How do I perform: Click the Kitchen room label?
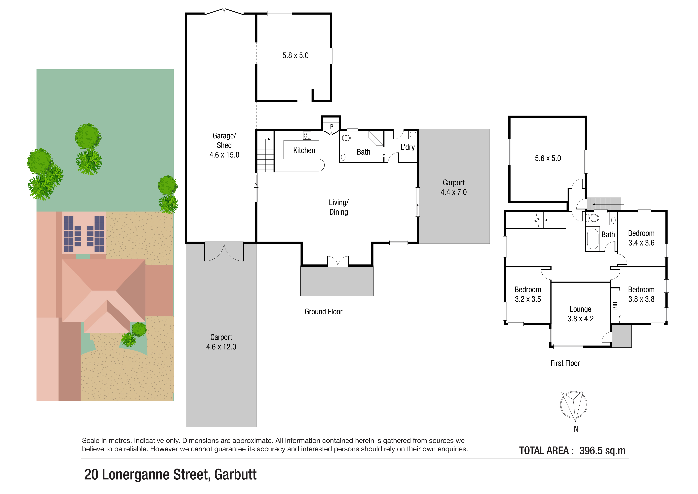tap(304, 151)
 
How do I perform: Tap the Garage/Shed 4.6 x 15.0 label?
tap(224, 145)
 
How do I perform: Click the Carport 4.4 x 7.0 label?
tap(454, 187)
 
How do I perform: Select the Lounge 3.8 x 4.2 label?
tap(580, 314)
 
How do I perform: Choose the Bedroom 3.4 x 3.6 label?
tap(641, 238)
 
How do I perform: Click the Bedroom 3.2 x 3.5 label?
tap(528, 294)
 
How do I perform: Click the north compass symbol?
tap(574, 405)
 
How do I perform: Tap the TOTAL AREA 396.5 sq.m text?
tap(572, 451)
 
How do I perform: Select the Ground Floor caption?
tap(324, 312)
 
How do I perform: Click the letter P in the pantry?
tap(332, 127)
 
